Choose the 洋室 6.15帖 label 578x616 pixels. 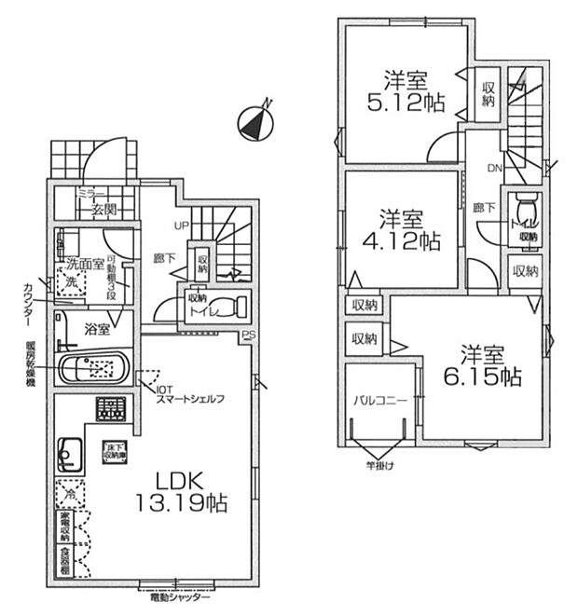click(x=481, y=365)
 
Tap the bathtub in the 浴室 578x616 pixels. click(x=96, y=367)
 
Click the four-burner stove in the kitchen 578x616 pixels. click(x=110, y=407)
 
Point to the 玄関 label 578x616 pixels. click(x=102, y=211)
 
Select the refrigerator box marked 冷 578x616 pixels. click(x=68, y=491)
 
